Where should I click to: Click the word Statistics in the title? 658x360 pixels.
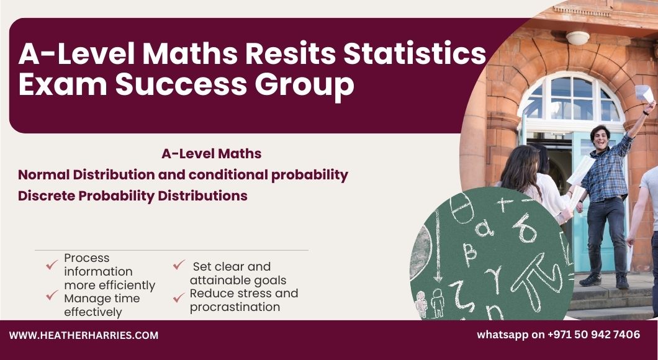point(415,54)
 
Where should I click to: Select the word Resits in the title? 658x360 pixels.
point(291,54)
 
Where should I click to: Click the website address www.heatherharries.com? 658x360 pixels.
point(84,336)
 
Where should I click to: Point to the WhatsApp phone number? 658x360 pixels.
point(594,335)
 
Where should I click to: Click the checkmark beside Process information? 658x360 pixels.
point(52,264)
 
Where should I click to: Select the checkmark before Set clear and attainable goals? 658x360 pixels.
point(179,265)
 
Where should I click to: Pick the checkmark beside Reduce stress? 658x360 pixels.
point(179,298)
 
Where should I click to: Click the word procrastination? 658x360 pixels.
point(235,307)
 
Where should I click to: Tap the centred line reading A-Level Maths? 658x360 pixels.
point(212,153)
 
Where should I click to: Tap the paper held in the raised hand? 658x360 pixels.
point(644,93)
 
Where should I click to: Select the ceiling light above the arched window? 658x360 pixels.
point(578,38)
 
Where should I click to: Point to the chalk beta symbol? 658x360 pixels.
point(469,254)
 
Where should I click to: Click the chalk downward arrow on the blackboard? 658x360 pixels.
point(438,245)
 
